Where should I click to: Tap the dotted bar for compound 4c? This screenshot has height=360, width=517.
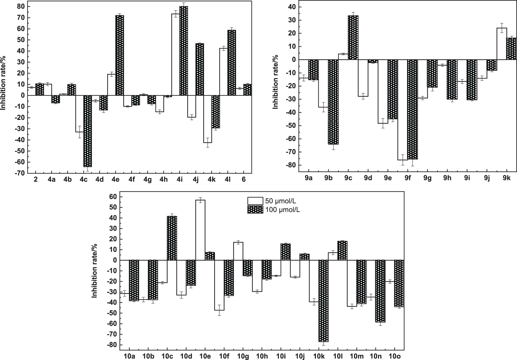(x=88, y=131)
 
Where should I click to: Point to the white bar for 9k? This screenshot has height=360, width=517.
(x=502, y=44)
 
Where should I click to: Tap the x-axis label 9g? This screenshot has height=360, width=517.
(x=427, y=178)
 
